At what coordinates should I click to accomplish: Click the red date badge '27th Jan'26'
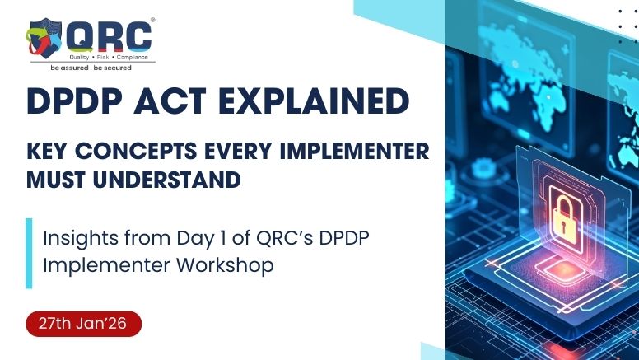point(83,323)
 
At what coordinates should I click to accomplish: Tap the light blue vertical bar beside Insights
point(29,253)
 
